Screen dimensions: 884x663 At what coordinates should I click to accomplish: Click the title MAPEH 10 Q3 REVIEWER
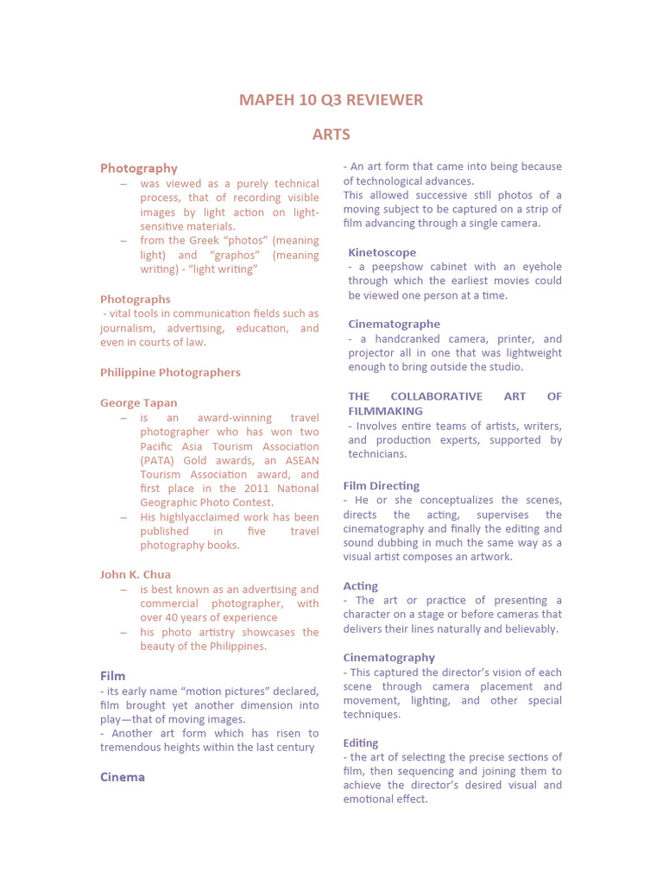coord(331,100)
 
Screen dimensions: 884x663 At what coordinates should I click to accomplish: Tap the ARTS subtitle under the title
coord(331,135)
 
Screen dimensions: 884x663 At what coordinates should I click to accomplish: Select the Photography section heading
coord(139,168)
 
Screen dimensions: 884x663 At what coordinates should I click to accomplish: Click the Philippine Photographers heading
coord(170,373)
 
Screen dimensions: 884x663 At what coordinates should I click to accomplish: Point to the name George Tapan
coord(138,403)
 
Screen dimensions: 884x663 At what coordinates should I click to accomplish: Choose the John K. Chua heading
coord(136,575)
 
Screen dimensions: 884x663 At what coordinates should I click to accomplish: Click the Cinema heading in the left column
coord(123,777)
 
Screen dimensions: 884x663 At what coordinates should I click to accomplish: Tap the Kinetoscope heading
coord(382,253)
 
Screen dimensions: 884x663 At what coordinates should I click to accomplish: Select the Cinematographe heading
coord(394,325)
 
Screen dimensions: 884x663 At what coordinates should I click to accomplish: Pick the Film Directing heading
coord(382,486)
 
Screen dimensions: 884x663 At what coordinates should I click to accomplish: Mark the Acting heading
coord(361,586)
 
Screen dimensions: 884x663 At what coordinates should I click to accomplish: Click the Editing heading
coord(361,743)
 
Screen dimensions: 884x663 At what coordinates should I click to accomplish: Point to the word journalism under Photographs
coord(128,328)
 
